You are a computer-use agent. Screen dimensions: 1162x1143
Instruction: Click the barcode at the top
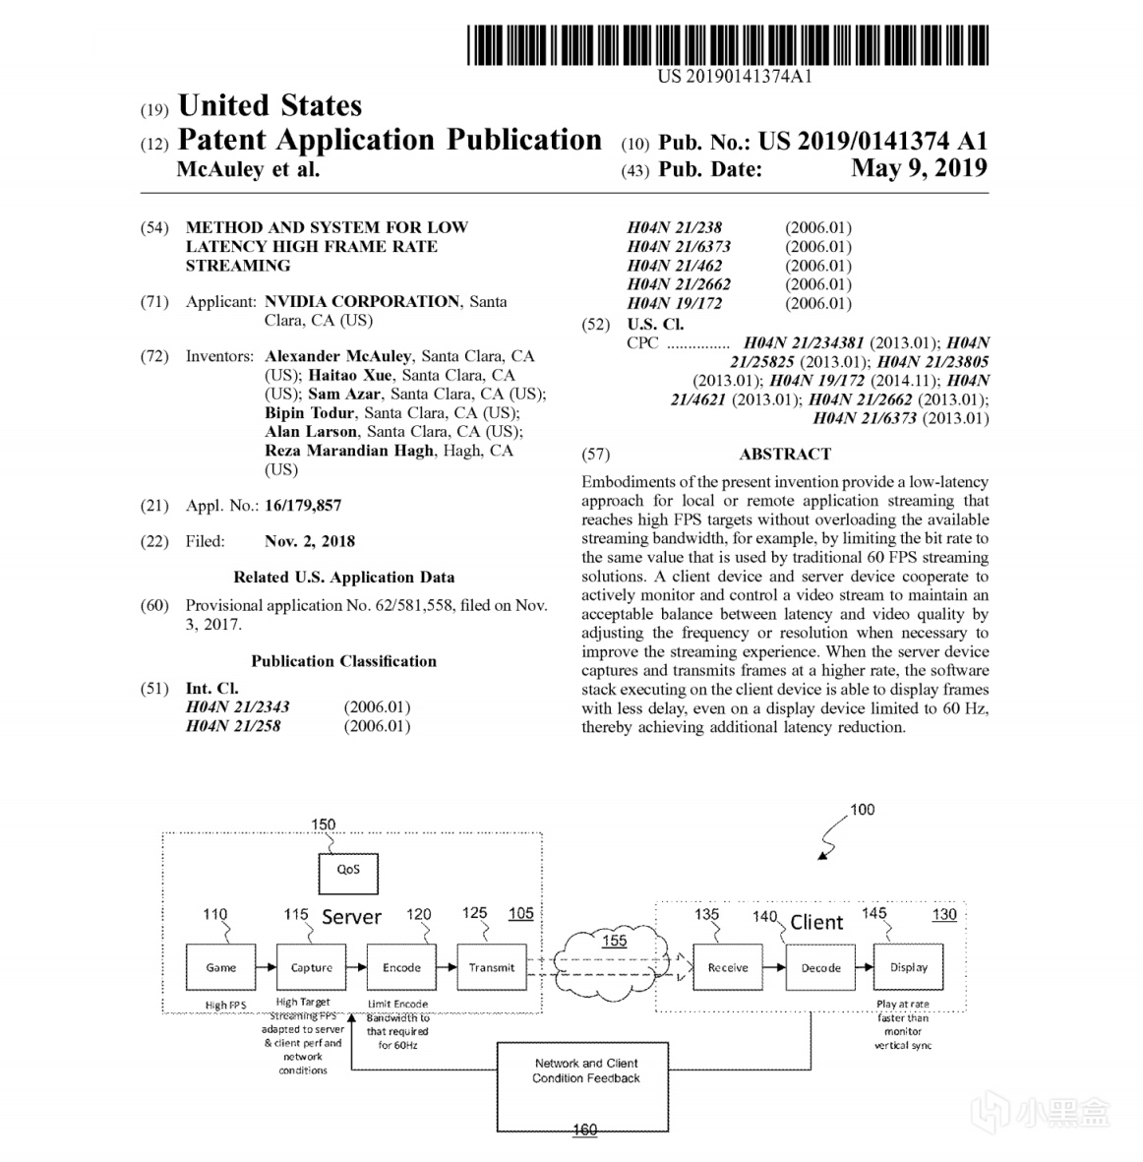pyautogui.click(x=729, y=46)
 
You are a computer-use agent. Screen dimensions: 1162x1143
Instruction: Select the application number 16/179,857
pyautogui.click(x=303, y=506)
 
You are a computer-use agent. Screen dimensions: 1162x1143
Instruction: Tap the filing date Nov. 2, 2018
pyautogui.click(x=310, y=541)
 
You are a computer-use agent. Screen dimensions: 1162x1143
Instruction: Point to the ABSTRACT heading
pyautogui.click(x=785, y=454)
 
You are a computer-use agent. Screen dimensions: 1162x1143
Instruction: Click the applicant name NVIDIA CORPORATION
pyautogui.click(x=362, y=301)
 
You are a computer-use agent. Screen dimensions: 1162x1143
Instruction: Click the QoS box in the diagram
pyautogui.click(x=348, y=872)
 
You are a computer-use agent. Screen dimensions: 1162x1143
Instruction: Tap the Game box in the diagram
pyautogui.click(x=221, y=968)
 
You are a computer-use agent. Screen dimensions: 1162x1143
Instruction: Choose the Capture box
pyautogui.click(x=312, y=968)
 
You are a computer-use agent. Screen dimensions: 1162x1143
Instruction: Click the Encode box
pyautogui.click(x=401, y=968)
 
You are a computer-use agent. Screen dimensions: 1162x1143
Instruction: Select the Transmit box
pyautogui.click(x=492, y=968)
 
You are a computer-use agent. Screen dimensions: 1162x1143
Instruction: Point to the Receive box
pyautogui.click(x=728, y=968)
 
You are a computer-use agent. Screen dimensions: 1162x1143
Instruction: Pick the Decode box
pyautogui.click(x=820, y=968)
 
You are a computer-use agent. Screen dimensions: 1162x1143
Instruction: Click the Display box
pyautogui.click(x=909, y=968)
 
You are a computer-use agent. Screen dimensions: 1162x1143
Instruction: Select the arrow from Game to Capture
pyautogui.click(x=266, y=968)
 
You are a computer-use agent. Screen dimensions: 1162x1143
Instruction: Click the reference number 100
pyautogui.click(x=862, y=810)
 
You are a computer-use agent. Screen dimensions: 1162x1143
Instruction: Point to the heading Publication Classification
pyautogui.click(x=343, y=661)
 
